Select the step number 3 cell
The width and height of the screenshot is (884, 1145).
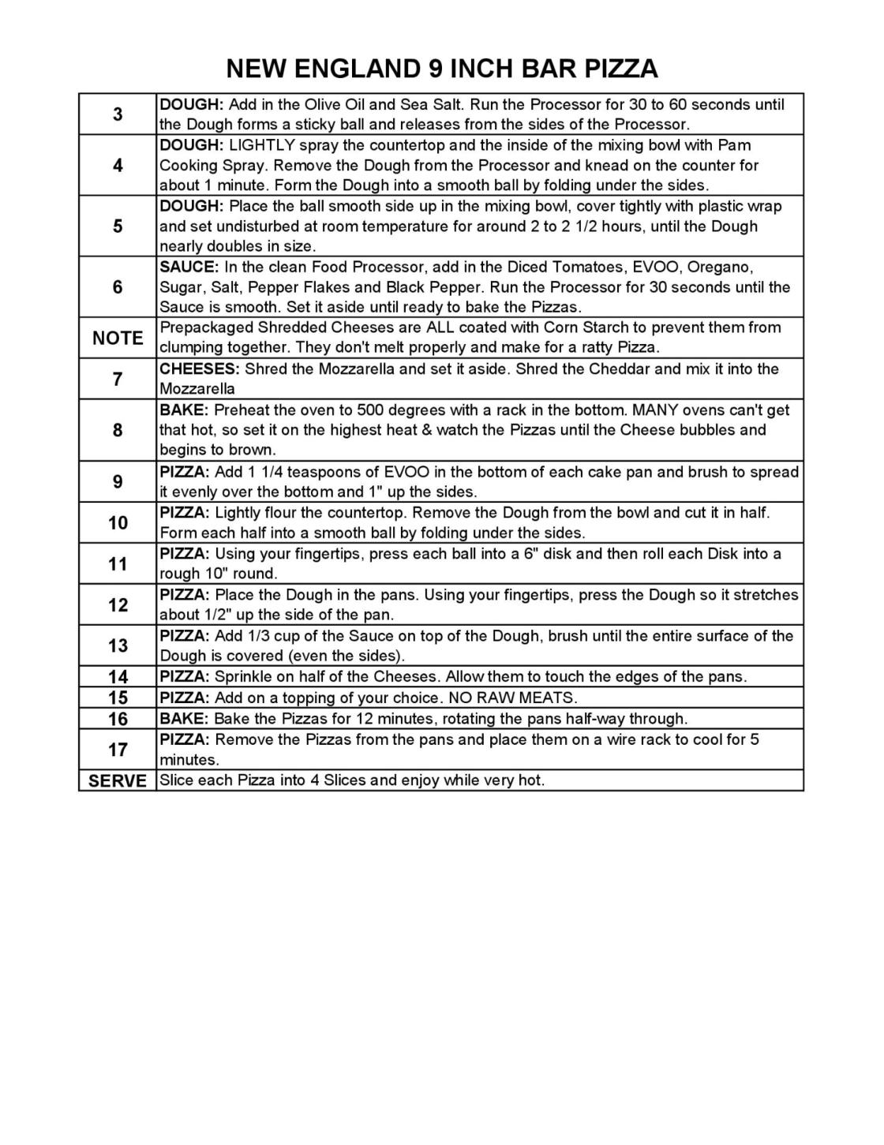click(x=118, y=114)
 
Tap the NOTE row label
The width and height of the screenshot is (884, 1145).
click(x=118, y=338)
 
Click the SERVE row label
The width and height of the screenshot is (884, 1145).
click(x=118, y=780)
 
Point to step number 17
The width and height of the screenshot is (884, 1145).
click(x=118, y=749)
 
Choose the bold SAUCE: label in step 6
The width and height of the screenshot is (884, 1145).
click(x=189, y=267)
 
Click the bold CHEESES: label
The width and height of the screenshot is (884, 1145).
click(x=200, y=369)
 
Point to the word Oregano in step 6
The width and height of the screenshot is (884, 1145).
click(x=714, y=267)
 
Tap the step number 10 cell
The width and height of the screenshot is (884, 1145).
click(x=118, y=522)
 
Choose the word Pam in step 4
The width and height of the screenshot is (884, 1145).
click(x=734, y=145)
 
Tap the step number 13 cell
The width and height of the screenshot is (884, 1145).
click(x=118, y=645)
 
